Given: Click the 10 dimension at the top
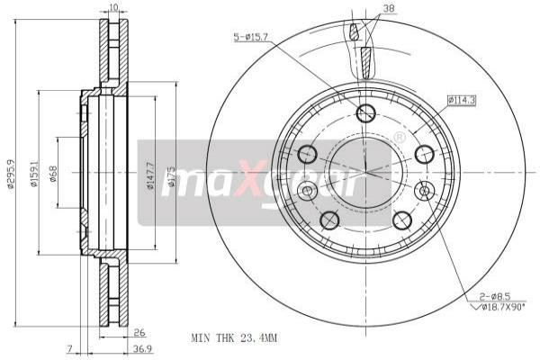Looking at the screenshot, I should (x=112, y=8).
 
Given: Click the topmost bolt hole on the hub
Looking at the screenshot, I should (x=365, y=112).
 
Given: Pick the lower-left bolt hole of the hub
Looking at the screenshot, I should (x=328, y=220).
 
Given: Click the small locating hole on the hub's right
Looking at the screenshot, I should (x=426, y=190).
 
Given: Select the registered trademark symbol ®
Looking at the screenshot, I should (x=400, y=136).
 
